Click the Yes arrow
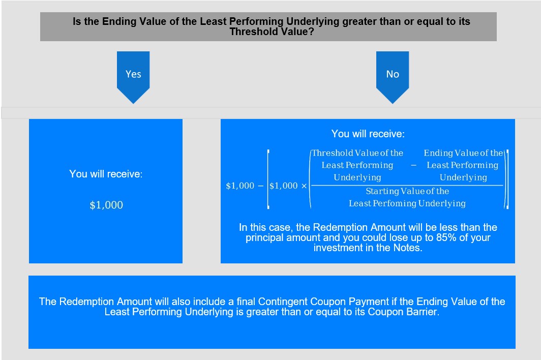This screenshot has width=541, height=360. [133, 77]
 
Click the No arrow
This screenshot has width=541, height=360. [393, 77]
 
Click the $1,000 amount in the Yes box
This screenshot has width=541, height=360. [106, 205]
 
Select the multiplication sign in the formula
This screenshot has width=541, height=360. [304, 186]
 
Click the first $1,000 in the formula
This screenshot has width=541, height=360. [240, 186]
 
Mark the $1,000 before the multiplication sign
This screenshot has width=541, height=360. [283, 186]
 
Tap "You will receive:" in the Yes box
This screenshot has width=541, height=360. [106, 173]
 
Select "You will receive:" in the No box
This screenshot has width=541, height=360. [368, 134]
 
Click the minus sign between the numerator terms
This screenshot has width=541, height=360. [413, 165]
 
